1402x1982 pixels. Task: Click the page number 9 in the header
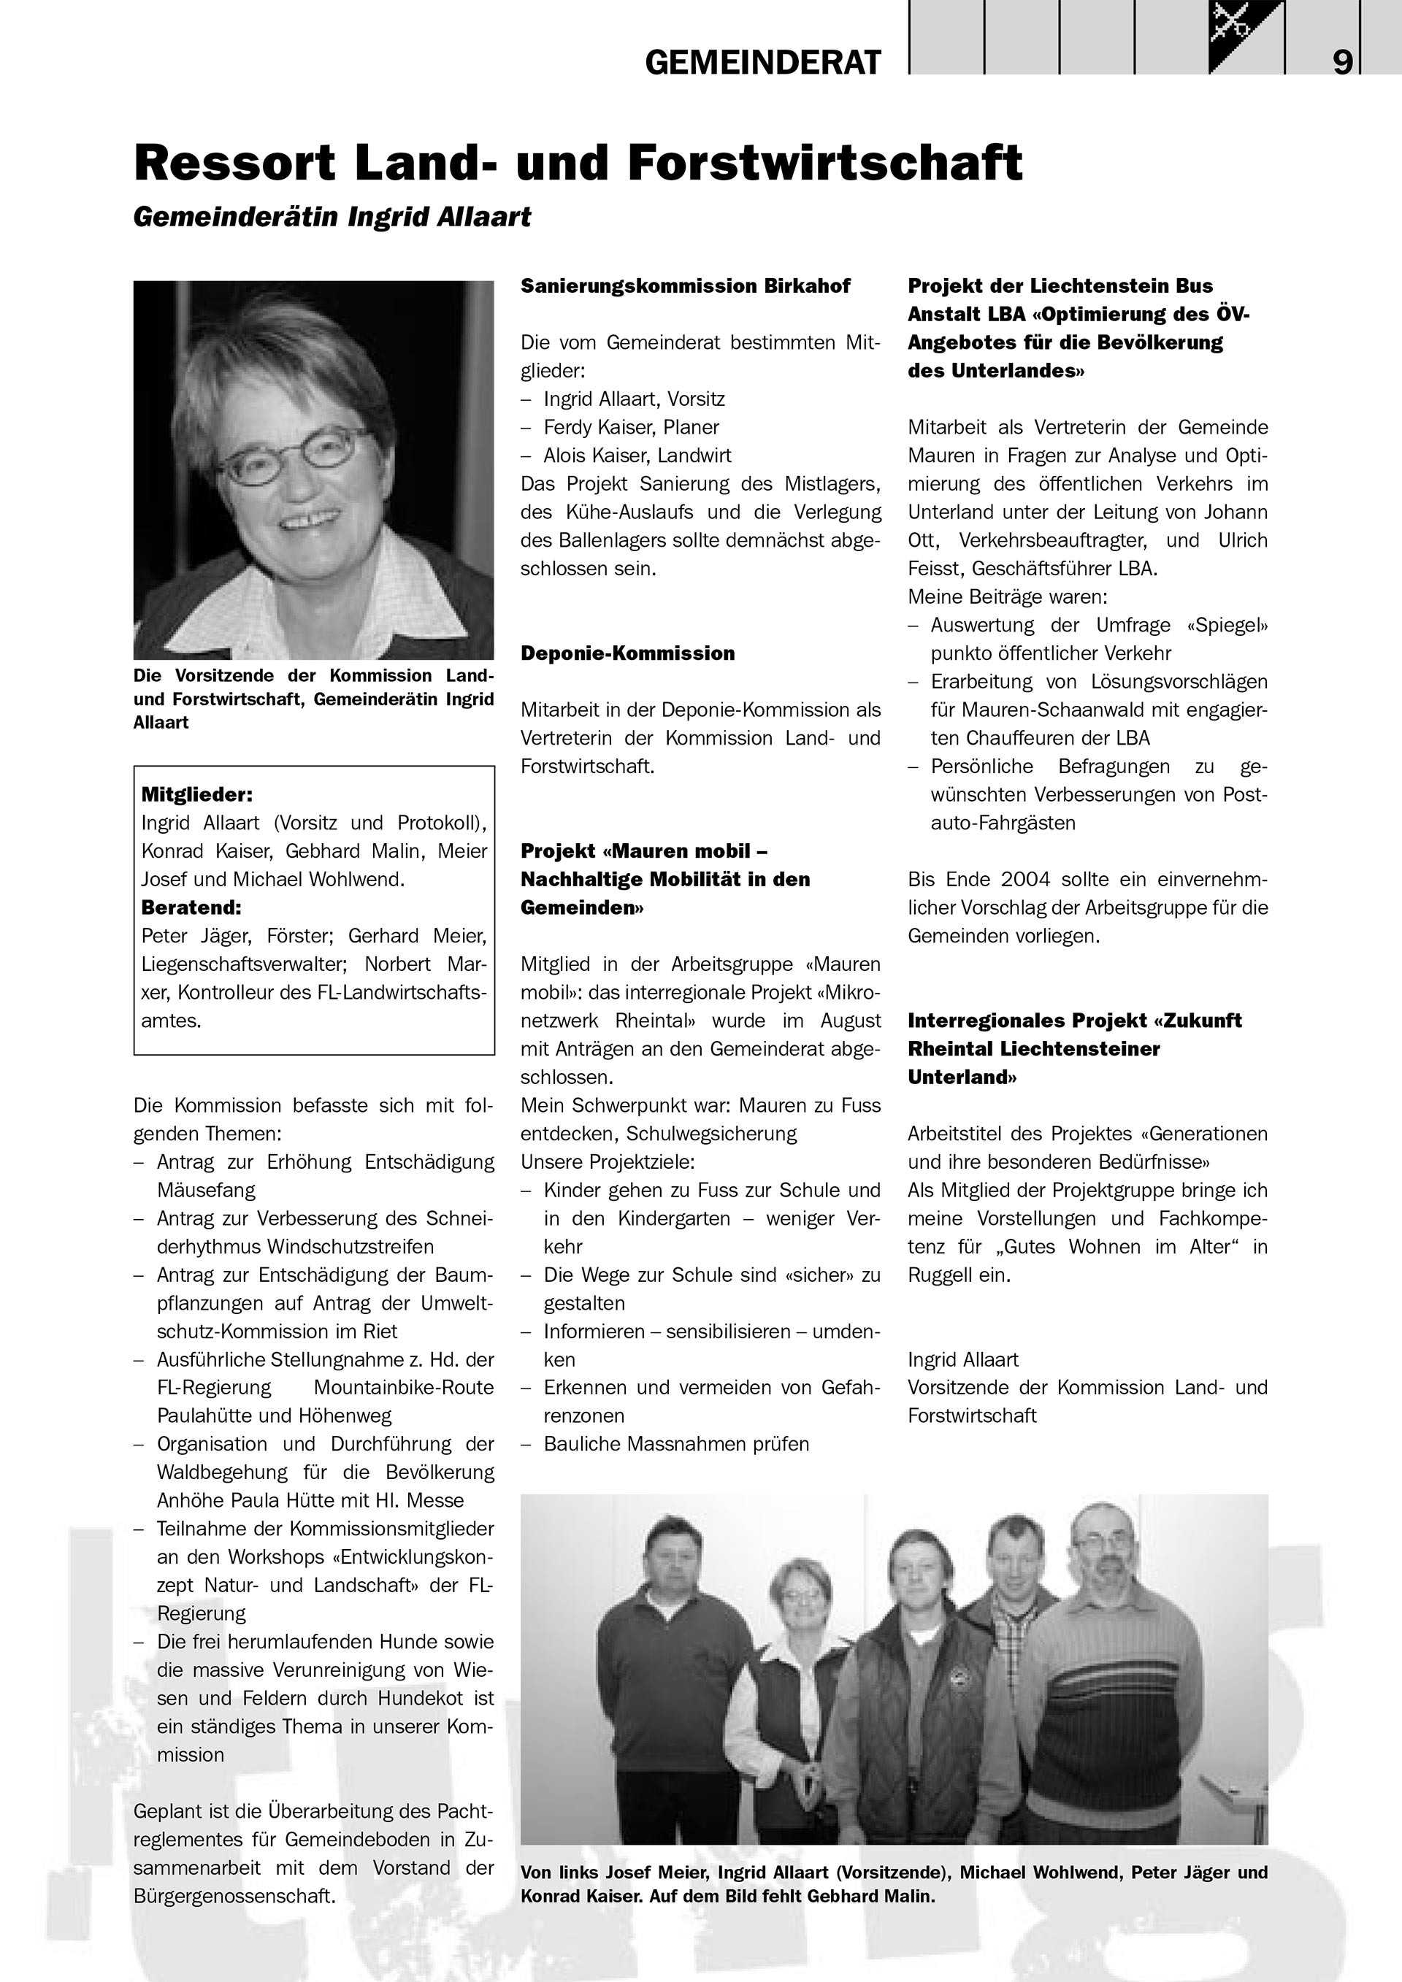coord(1342,62)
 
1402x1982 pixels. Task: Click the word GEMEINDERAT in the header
coord(763,62)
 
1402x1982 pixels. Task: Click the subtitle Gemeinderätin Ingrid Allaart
coord(332,217)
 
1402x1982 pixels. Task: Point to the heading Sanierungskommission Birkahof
coord(685,285)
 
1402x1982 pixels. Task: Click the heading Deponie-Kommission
coord(627,653)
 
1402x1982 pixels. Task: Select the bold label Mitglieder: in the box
coord(197,794)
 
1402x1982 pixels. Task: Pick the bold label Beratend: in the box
coord(191,907)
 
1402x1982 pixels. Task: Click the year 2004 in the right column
coord(1026,879)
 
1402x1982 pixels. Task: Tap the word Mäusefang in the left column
coord(207,1191)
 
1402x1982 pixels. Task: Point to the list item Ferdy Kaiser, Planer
coord(630,427)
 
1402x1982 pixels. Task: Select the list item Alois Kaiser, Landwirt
coord(637,455)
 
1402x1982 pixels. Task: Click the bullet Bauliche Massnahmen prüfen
coord(676,1444)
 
